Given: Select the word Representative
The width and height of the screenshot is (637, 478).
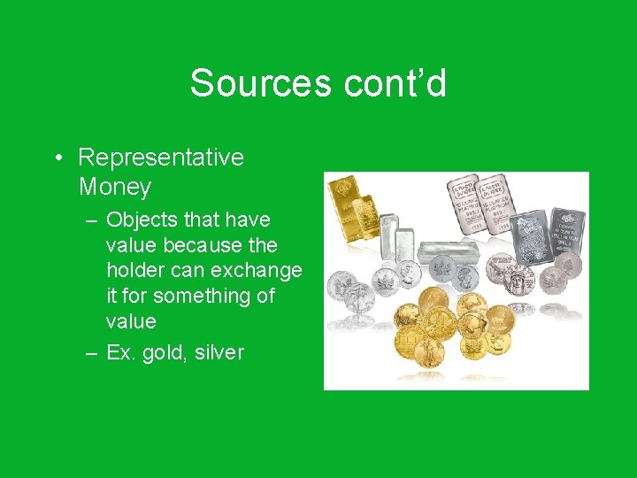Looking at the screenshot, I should point(161,158).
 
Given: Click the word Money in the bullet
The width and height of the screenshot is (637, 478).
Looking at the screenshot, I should point(115,188).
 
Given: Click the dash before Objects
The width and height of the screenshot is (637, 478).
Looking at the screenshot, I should point(92,220).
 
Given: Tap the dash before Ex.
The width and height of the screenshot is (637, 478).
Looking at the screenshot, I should point(92,353).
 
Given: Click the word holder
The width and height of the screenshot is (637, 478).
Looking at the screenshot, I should point(134,270).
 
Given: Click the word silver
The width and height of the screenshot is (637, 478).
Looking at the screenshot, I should point(220,353).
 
